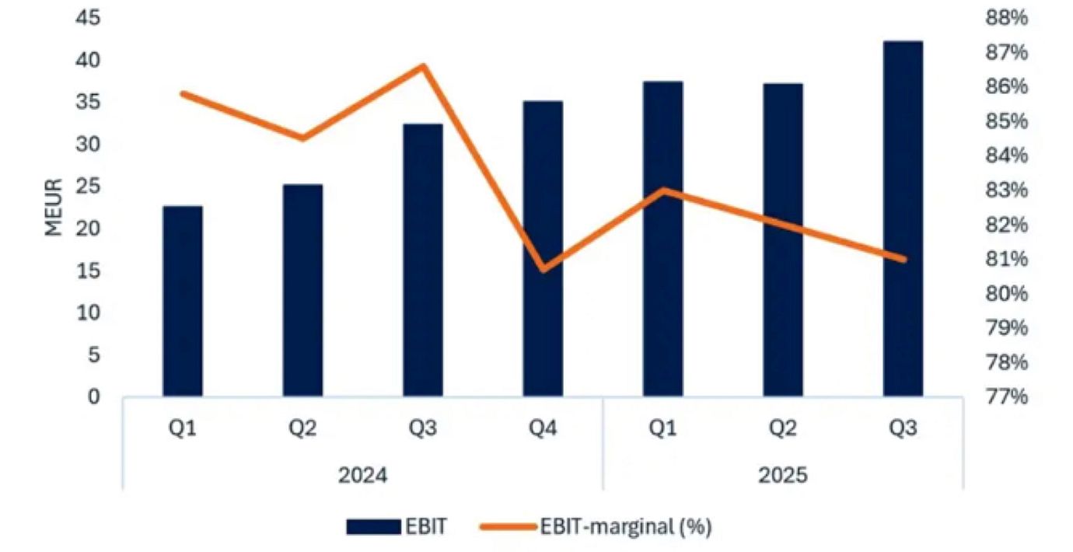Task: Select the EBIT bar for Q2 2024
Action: click(302, 291)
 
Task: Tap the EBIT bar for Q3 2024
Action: click(423, 260)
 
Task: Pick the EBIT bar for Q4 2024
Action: click(543, 249)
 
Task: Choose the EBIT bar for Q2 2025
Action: click(783, 240)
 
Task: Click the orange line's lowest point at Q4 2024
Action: click(543, 269)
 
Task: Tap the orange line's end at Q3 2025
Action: click(903, 259)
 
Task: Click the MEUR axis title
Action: click(53, 208)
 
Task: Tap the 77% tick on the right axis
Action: click(1007, 397)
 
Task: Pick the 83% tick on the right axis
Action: click(1007, 190)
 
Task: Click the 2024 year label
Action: click(362, 474)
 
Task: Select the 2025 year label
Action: click(783, 474)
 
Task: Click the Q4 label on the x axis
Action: click(543, 429)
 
